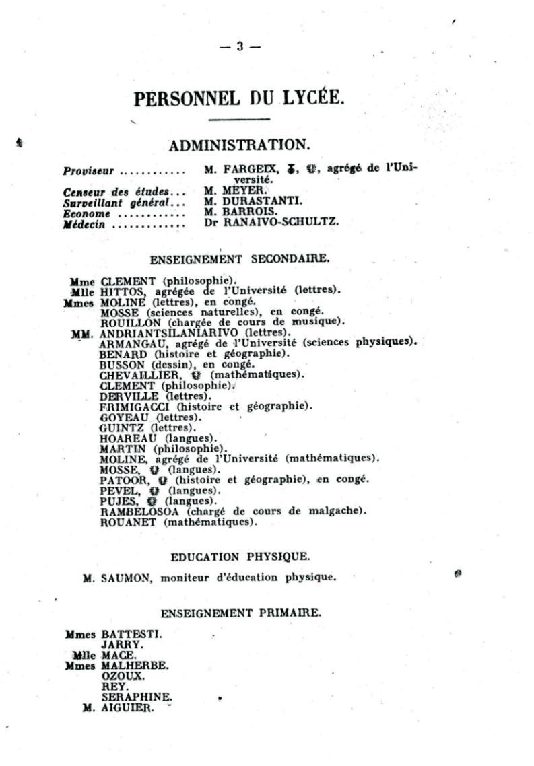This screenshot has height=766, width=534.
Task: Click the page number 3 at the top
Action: click(240, 46)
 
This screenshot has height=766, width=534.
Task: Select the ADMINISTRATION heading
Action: click(239, 145)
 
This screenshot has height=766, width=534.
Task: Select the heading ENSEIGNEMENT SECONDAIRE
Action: click(239, 258)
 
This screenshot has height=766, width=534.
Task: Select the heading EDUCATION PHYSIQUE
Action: click(240, 557)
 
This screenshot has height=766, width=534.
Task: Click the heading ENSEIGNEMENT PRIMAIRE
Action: click(241, 613)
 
